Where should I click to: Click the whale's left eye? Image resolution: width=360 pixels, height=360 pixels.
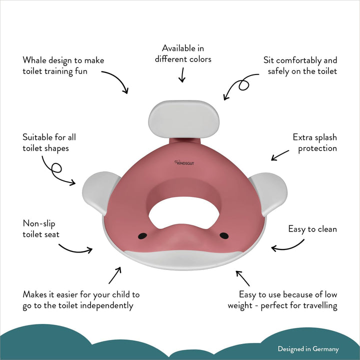(142, 236)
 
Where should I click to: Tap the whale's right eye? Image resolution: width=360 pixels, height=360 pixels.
(224, 235)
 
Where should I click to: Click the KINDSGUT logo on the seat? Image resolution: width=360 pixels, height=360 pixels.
(184, 163)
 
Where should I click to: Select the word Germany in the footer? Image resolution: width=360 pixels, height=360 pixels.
(325, 349)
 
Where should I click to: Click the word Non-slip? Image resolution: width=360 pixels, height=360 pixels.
(39, 223)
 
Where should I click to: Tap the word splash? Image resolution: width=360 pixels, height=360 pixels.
(326, 138)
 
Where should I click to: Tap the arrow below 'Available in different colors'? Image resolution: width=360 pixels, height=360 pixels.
(182, 75)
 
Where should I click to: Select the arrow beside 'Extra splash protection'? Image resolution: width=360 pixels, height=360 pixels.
(280, 155)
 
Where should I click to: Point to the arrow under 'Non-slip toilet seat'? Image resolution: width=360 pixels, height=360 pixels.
(76, 250)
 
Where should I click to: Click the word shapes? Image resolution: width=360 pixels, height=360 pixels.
(57, 149)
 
